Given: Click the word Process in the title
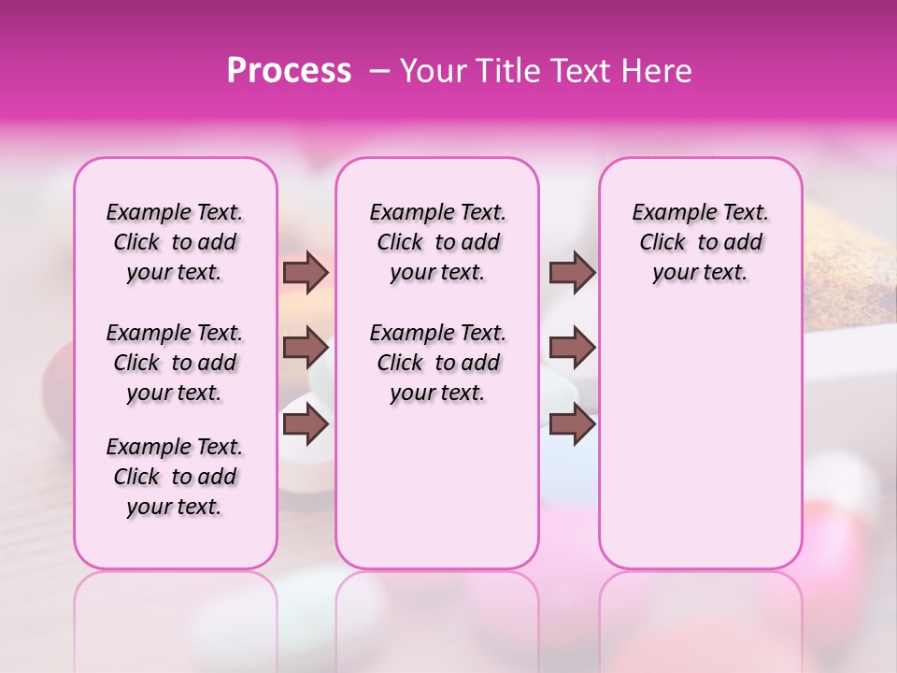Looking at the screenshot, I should click(x=289, y=71).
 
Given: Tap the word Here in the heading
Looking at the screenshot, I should click(x=659, y=71).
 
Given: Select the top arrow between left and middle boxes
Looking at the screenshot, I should click(x=306, y=272).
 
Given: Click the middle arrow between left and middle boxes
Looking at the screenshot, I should click(x=306, y=348).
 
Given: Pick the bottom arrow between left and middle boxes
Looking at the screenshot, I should click(x=306, y=425).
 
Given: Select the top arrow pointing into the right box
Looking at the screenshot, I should click(x=572, y=272).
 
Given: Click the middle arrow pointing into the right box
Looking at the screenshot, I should click(x=572, y=348).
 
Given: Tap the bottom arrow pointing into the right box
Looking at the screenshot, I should click(x=572, y=425).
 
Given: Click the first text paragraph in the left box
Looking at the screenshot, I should click(x=175, y=242).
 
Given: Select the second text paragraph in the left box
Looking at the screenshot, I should click(x=175, y=363).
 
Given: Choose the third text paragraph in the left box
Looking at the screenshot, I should click(x=175, y=477).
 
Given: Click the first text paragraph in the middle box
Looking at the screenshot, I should click(x=437, y=242).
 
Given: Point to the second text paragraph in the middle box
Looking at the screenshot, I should click(x=437, y=363).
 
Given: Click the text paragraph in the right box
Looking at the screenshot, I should click(x=700, y=242).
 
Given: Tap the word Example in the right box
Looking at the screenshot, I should click(x=668, y=213).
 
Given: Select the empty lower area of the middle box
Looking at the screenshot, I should click(x=437, y=486).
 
